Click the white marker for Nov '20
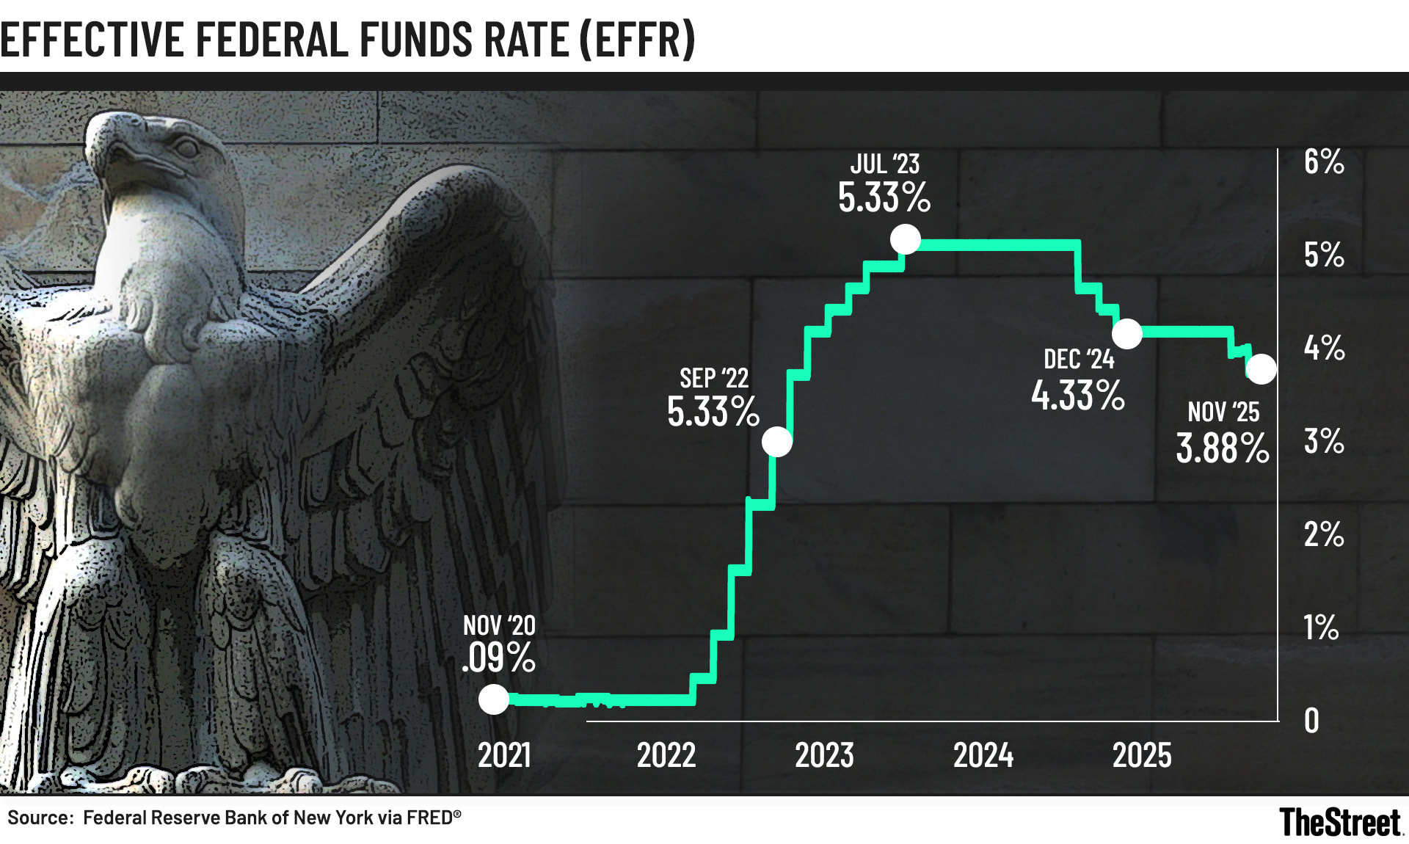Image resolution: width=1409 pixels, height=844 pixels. click(494, 699)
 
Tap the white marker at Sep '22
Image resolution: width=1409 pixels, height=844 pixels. click(777, 442)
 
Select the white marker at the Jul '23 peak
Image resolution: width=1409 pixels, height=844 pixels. click(905, 239)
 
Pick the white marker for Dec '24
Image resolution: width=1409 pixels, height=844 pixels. click(1127, 333)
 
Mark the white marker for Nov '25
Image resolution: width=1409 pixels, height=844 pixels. click(1261, 369)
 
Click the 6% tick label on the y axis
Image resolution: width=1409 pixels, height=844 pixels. click(1324, 161)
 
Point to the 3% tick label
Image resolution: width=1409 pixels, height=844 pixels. click(1324, 441)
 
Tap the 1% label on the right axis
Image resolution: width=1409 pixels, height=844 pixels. click(1321, 627)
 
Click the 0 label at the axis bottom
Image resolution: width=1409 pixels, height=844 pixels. click(1311, 721)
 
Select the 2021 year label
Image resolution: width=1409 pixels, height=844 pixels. click(504, 755)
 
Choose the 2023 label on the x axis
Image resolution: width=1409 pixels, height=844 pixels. click(824, 755)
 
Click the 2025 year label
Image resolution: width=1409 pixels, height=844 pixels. click(1142, 755)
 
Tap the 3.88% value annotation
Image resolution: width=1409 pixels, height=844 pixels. click(1222, 448)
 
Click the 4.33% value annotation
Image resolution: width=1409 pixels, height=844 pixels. click(1077, 396)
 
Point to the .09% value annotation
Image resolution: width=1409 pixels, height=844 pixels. click(499, 657)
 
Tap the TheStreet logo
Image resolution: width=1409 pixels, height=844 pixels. click(1341, 822)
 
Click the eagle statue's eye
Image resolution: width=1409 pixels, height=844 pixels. click(185, 148)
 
